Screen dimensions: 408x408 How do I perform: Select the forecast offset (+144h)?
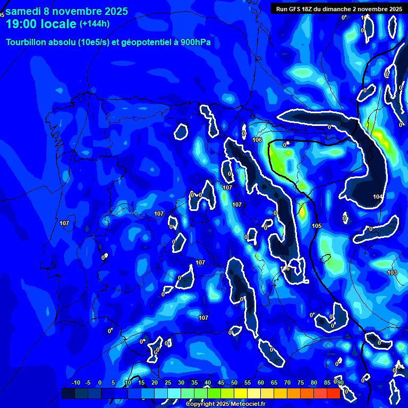(95, 23)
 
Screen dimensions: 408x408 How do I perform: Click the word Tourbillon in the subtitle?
(27, 42)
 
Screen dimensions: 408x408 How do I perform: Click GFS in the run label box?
(296, 9)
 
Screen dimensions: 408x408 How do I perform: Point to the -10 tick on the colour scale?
(75, 383)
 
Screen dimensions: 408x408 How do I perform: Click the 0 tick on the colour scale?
(100, 383)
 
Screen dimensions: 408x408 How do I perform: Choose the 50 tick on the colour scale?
(234, 383)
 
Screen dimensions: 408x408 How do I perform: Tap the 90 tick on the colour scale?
(340, 383)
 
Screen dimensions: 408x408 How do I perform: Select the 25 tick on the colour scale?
(168, 383)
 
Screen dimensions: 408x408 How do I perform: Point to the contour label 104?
(378, 197)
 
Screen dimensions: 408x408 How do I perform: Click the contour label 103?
(392, 273)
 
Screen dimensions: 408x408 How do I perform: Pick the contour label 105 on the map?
(317, 226)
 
